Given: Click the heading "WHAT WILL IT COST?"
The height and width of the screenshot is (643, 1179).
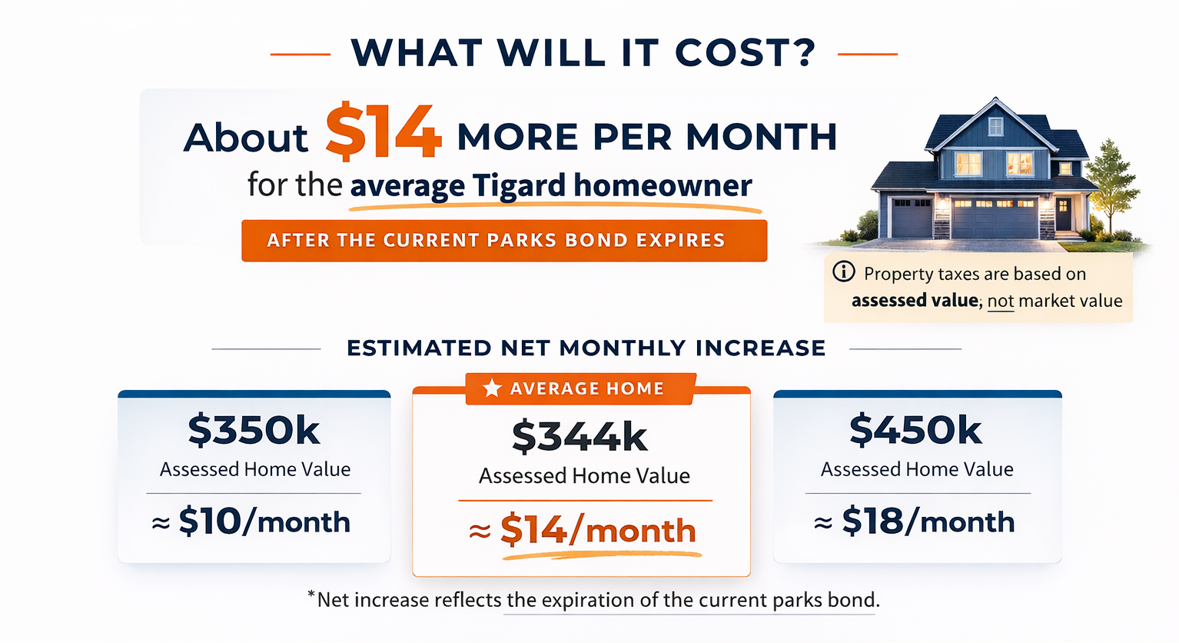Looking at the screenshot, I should pos(583,53).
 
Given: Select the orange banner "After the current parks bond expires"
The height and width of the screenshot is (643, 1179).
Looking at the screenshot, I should pos(504,241).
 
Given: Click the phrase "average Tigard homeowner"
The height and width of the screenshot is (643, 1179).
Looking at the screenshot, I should pos(551,186).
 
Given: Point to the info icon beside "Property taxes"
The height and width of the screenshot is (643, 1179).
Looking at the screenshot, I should pos(844,272).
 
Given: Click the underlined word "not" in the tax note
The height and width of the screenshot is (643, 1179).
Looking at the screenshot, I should pos(1001,301).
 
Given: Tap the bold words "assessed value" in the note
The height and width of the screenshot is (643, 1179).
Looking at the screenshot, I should pos(915,300).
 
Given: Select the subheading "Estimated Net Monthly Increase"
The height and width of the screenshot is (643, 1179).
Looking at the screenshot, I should pos(586,348).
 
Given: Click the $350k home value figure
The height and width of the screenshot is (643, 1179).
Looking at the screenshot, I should pos(254,430).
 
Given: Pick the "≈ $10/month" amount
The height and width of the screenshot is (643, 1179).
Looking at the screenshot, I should pos(252,522).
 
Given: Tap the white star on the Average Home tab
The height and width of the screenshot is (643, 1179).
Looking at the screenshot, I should pos(492,388).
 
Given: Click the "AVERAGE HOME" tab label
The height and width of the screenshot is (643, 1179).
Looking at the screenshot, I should pos(587,389).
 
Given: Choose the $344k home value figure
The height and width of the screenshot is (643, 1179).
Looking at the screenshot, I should pos(580,436).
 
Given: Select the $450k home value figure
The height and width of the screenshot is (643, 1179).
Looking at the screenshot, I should pos(916,430).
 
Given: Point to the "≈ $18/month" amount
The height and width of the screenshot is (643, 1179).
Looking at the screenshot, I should pos(915,522).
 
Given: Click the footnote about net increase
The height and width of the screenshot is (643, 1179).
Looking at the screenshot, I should pos(593,600).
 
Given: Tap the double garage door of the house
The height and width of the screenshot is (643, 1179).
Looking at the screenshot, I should pos(995,217).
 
